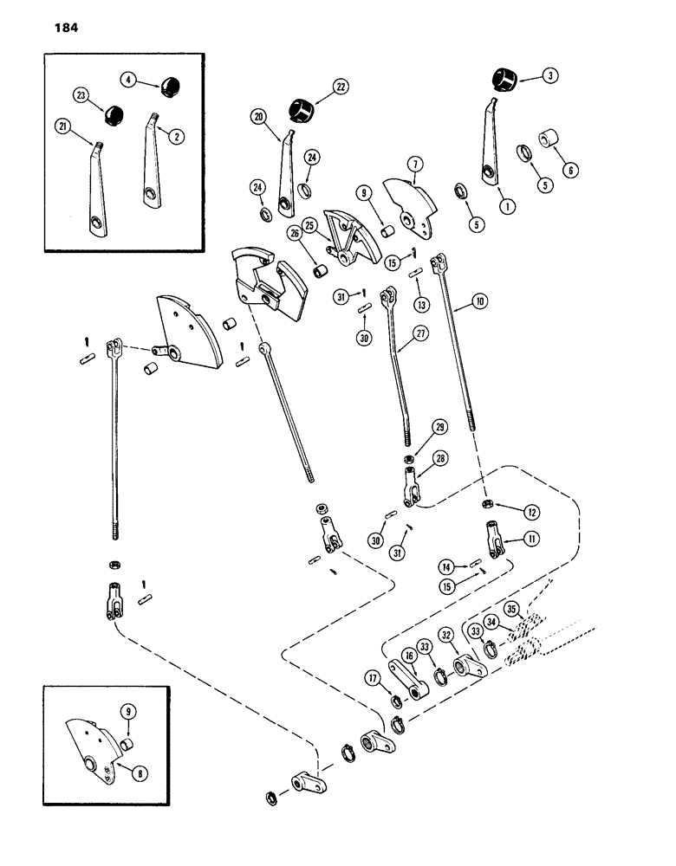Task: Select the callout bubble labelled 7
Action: (x=417, y=162)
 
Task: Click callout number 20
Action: (x=258, y=115)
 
